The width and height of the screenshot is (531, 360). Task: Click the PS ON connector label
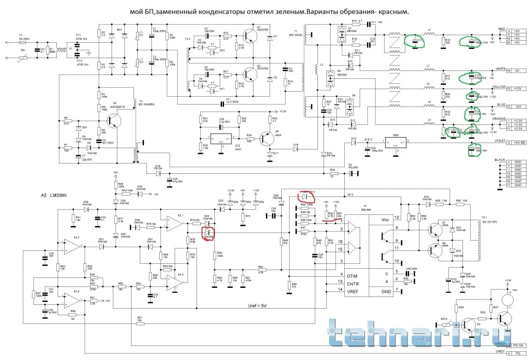pyautogui.click(x=518, y=345)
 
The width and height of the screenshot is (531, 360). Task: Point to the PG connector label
pyautogui.click(x=518, y=353)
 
